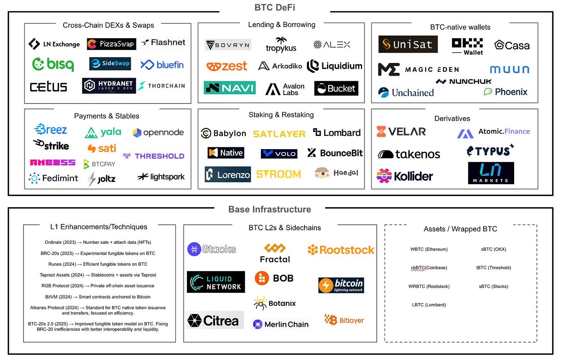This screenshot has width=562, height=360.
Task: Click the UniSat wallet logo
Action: (408, 44)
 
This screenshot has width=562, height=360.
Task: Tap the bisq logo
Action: (53, 64)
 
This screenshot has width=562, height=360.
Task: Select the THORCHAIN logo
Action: (161, 86)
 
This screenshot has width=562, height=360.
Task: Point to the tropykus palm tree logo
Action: (281, 45)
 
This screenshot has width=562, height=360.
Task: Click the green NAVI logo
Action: (230, 88)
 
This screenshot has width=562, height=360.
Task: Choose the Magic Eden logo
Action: (418, 70)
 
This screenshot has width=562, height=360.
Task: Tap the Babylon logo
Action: (223, 133)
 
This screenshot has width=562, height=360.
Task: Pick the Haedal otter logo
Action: (336, 173)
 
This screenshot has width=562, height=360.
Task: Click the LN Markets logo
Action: (491, 173)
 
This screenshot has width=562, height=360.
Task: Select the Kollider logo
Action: (405, 176)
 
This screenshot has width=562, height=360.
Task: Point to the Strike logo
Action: (51, 145)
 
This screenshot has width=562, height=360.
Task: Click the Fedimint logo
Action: (53, 178)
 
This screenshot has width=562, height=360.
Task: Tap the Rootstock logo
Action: (341, 250)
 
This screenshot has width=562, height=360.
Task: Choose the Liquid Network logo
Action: (216, 282)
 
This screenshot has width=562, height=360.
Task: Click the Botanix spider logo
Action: (274, 303)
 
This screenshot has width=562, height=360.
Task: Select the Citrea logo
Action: (214, 320)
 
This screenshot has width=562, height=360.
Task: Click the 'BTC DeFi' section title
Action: (275, 7)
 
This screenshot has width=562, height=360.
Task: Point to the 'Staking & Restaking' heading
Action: (281, 115)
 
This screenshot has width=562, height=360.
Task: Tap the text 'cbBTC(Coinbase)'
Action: (429, 268)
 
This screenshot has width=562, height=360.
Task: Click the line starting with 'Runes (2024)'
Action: (98, 264)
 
